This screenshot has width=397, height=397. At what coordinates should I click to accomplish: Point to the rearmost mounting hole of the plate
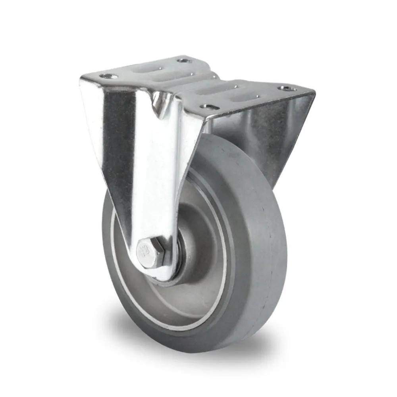pos(184,60)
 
